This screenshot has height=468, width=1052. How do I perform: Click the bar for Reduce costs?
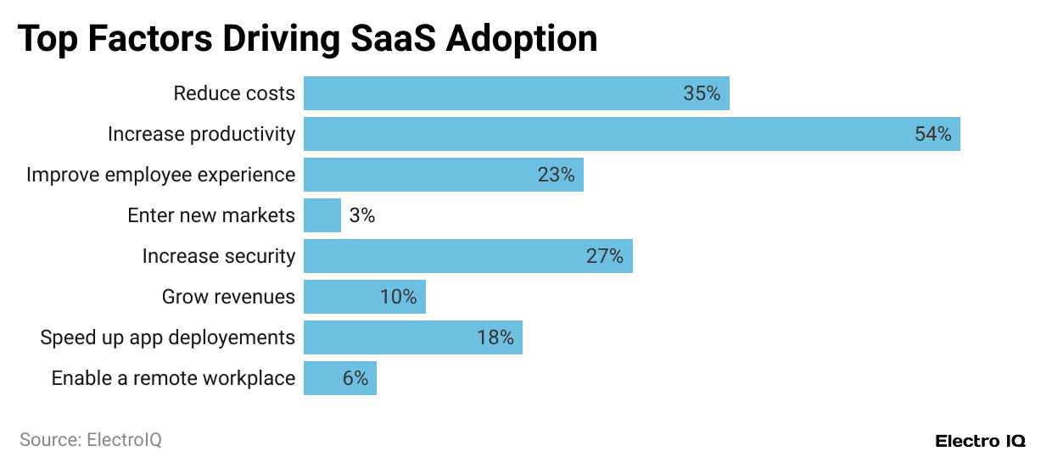[x=516, y=93]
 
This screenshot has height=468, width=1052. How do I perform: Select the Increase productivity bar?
[x=631, y=134]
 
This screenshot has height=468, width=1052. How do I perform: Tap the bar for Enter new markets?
[x=322, y=215]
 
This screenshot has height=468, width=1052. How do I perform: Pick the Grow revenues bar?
[x=364, y=297]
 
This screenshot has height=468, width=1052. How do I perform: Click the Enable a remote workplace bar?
[x=339, y=378]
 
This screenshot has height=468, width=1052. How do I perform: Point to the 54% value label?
[x=932, y=134]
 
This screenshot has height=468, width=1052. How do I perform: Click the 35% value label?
[x=702, y=93]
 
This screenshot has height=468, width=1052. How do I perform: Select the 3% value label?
[x=361, y=215]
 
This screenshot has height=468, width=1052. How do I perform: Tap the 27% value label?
[x=604, y=256]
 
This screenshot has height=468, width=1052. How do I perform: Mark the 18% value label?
[x=495, y=337]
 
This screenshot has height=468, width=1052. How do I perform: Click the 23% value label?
[x=556, y=175]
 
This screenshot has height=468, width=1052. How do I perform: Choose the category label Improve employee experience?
[x=160, y=175]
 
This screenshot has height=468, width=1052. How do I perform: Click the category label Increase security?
[x=218, y=256]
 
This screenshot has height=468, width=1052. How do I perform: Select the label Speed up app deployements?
[x=167, y=337]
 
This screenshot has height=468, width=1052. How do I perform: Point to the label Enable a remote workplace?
[x=173, y=378]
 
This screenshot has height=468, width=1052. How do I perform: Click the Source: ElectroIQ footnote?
[x=90, y=440]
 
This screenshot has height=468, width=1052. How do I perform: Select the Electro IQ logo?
[x=980, y=441]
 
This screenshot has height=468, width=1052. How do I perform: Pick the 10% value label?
[x=398, y=297]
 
